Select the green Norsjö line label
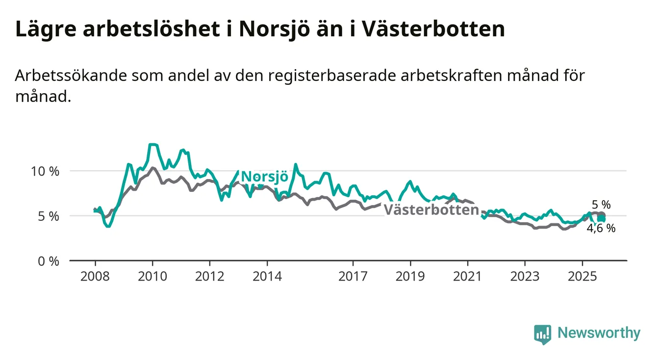[x=265, y=177]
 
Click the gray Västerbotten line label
[x=431, y=210]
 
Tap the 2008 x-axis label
[x=95, y=277]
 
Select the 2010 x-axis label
[x=152, y=277]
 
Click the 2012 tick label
[x=209, y=277]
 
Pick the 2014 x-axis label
[x=267, y=277]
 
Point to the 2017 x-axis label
[x=353, y=277]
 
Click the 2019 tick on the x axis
[x=410, y=277]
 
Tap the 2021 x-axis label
[x=467, y=277]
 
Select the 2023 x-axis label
[x=525, y=277]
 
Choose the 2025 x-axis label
[x=582, y=277]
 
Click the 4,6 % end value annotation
[x=602, y=228]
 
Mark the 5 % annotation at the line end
[x=601, y=205]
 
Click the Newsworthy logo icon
[x=542, y=334]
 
